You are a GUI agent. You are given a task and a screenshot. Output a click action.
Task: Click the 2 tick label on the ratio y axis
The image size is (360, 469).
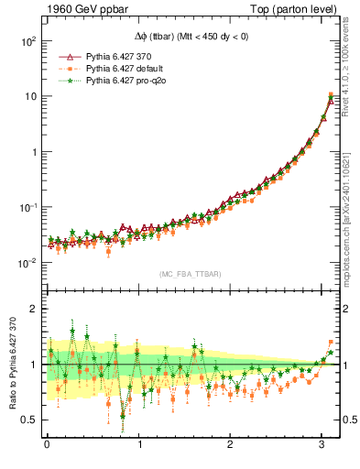[x=32, y=310]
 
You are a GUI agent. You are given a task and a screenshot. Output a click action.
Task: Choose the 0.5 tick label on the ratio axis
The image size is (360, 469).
[x=28, y=420]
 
